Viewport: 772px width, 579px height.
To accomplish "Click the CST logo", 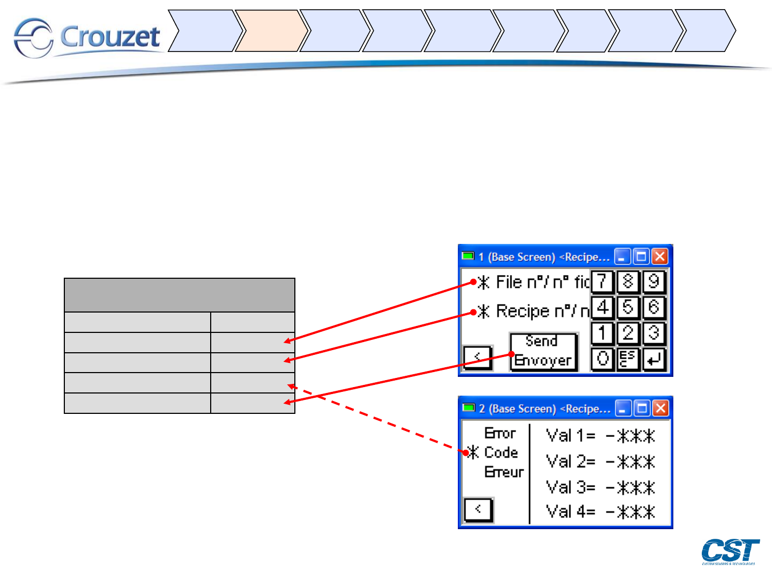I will click(730, 552).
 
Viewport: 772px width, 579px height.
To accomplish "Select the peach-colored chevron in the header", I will click(271, 31).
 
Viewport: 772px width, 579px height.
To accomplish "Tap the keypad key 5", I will click(628, 308).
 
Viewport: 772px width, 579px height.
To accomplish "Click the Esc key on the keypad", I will click(628, 359).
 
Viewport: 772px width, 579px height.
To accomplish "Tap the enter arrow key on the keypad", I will click(654, 359).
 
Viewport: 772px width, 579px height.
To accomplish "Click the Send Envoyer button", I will click(543, 351).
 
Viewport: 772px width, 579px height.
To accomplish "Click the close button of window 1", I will click(660, 256).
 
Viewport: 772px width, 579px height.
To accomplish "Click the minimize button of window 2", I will click(623, 409).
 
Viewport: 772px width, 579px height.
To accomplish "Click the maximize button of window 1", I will click(641, 256).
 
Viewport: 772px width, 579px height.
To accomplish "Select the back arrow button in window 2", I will click(478, 509).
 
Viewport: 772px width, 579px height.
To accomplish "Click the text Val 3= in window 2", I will click(570, 487).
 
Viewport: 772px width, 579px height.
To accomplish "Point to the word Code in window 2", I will click(501, 452).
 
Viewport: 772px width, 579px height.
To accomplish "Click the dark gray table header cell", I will click(180, 295).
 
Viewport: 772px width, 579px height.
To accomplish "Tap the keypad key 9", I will click(654, 281).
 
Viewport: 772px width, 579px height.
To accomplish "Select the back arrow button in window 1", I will click(478, 357).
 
